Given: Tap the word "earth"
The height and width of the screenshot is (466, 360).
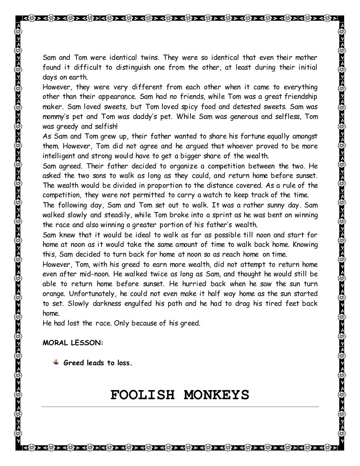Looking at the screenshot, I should click(x=79, y=77).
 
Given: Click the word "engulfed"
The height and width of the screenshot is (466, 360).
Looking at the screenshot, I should click(x=140, y=303).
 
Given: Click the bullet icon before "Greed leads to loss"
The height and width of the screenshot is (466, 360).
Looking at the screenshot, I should click(x=56, y=362).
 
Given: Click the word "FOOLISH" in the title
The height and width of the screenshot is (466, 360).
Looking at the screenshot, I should click(x=142, y=395).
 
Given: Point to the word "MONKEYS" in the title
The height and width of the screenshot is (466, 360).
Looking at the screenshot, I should click(x=216, y=395).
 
